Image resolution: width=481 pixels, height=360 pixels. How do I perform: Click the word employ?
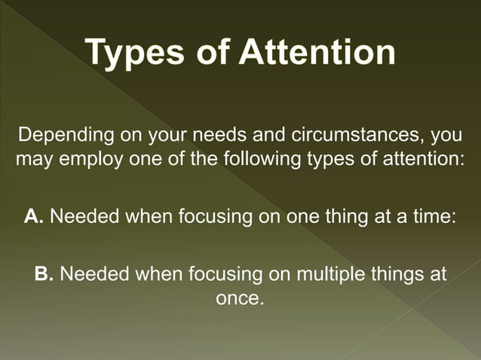82,160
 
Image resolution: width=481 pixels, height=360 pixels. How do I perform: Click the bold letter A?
33,217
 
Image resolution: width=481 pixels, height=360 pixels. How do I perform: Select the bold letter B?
44,273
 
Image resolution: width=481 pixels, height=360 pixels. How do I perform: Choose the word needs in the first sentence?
213,138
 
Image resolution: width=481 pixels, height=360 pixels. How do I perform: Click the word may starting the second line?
32,160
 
